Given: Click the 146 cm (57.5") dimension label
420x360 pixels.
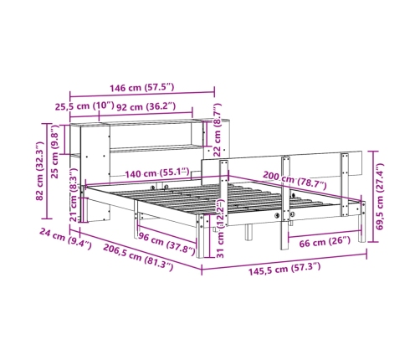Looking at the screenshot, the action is click(141, 88).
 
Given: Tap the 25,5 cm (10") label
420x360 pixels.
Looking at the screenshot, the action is click(85, 106).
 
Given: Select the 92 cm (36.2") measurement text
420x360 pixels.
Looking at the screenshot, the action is click(146, 107).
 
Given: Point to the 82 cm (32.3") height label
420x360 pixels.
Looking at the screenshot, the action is click(40, 171).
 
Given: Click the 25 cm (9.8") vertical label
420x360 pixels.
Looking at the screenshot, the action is click(54, 152).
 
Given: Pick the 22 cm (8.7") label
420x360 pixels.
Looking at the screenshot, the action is click(217, 130).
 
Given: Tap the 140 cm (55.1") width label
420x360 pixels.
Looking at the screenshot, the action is click(157, 173).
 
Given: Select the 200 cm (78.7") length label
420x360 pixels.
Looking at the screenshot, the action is click(295, 180).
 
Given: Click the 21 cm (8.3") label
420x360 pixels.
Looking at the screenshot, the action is click(73, 195).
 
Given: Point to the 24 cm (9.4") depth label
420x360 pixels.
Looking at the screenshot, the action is click(65, 238).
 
